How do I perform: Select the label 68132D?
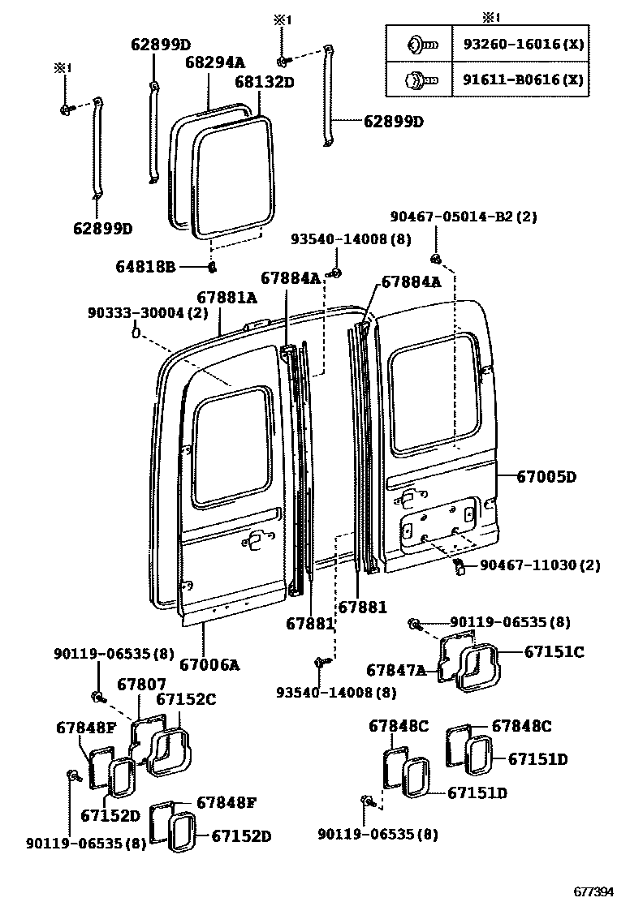point(265,82)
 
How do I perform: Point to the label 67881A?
point(227,298)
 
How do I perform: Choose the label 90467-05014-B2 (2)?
point(463,217)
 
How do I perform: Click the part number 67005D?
point(546,476)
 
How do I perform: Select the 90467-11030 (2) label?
point(540,565)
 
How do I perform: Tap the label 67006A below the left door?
point(209,665)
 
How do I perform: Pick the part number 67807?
point(142,685)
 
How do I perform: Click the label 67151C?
point(554,651)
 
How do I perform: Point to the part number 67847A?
point(396,670)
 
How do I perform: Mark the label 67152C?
point(186,699)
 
